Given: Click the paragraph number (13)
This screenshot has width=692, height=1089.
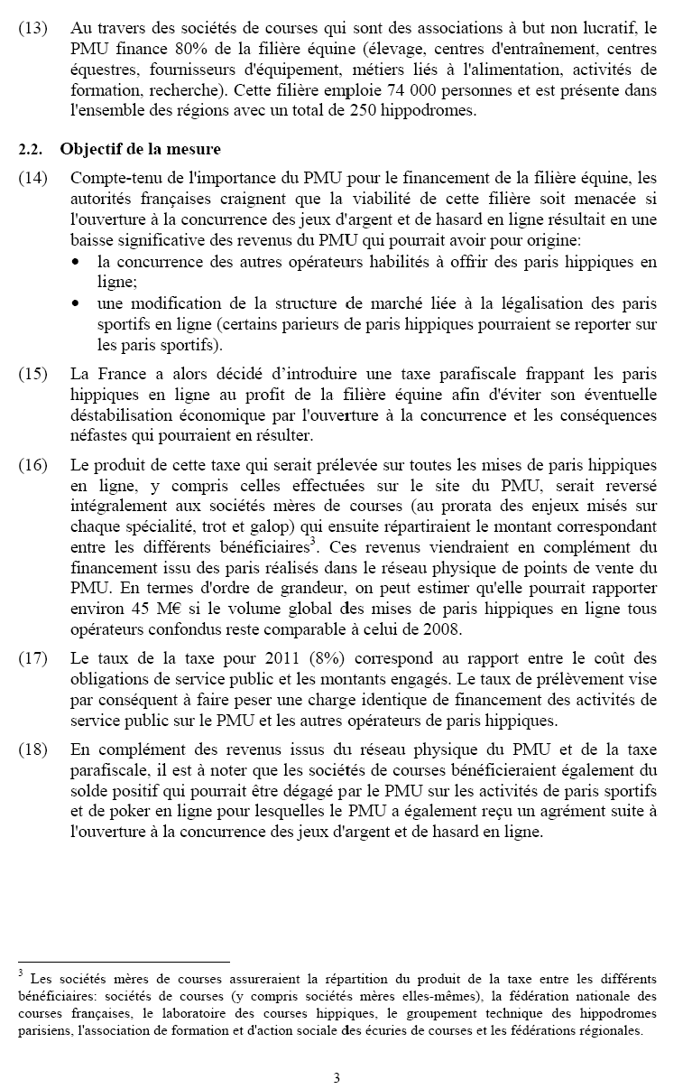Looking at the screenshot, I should [x=32, y=27].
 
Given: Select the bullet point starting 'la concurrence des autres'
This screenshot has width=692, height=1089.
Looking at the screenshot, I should [x=78, y=263].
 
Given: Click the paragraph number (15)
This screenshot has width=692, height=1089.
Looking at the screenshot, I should [x=32, y=374].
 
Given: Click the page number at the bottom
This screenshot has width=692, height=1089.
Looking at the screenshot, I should [x=337, y=1077].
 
